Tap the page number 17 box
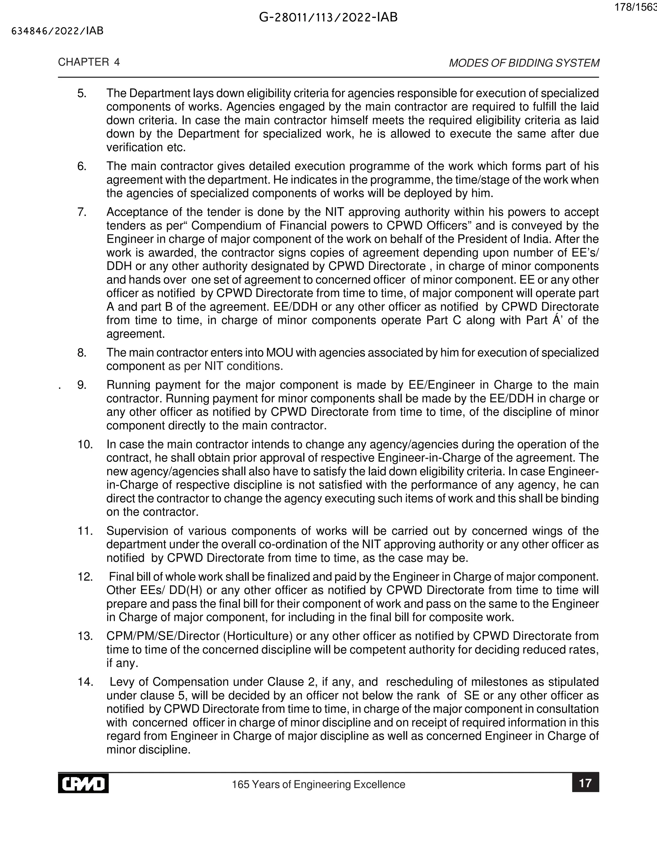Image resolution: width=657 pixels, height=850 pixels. pyautogui.click(x=585, y=783)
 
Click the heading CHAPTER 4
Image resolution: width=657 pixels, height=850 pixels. pyautogui.click(x=89, y=62)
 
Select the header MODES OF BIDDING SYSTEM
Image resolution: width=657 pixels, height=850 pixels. pyautogui.click(x=524, y=63)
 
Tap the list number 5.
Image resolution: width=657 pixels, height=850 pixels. pyautogui.click(x=81, y=93)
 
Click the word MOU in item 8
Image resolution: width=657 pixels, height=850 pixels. pyautogui.click(x=276, y=353)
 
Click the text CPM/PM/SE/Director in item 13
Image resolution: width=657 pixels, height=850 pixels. pyautogui.click(x=163, y=636)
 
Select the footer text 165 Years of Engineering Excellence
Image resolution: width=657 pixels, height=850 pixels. pyautogui.click(x=318, y=784)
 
